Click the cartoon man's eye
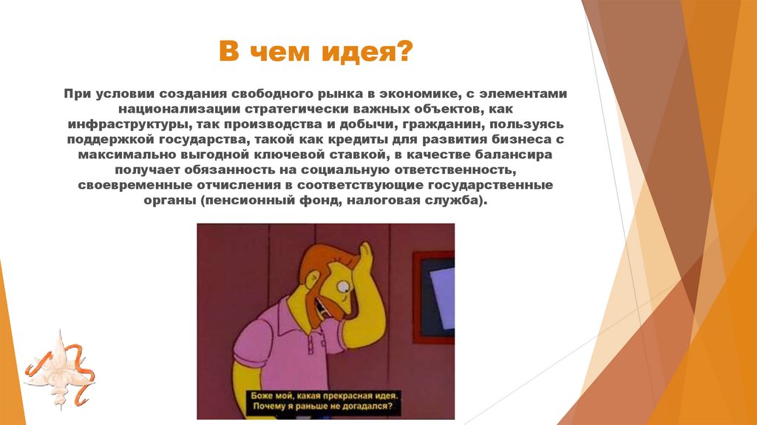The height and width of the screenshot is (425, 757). pyautogui.click(x=343, y=284)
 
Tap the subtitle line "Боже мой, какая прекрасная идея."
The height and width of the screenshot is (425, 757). pyautogui.click(x=325, y=395)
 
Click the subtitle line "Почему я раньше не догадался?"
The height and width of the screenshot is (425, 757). pyautogui.click(x=325, y=406)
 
